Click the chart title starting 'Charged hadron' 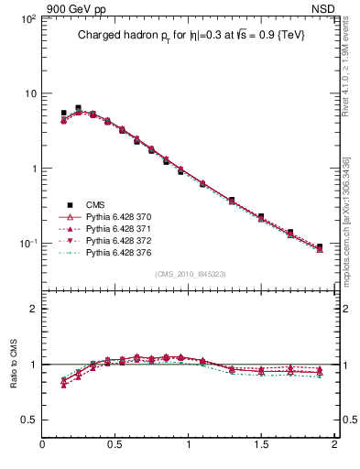coord(190,35)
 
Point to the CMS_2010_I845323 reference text coord(190,274)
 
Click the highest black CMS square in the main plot coord(78,108)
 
